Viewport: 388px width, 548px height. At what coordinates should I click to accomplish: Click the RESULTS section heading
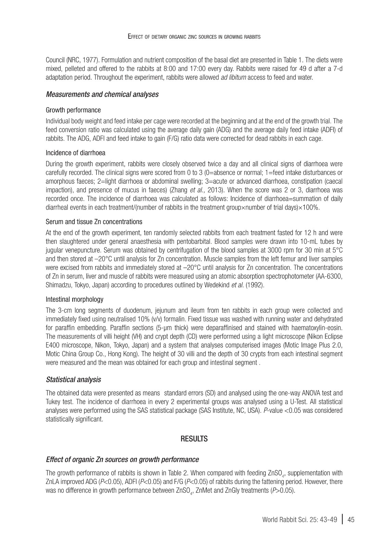click(194, 439)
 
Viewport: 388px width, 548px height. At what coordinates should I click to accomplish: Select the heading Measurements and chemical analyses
click(102, 94)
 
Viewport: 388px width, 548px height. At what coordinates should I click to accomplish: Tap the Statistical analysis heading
click(73, 379)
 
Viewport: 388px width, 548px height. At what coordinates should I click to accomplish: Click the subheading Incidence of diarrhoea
click(75, 153)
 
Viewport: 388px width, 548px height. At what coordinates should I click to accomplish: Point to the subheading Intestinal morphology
click(74, 299)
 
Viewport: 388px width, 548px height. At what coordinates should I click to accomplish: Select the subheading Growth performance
click(73, 110)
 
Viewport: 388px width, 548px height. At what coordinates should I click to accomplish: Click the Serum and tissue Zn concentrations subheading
click(94, 222)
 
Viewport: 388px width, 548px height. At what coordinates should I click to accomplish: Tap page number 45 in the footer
click(351, 520)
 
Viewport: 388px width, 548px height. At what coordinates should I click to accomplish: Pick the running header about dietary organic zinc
click(194, 36)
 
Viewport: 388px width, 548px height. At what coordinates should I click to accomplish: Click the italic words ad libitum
click(233, 77)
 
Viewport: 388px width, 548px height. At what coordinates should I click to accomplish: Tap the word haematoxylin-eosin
click(319, 328)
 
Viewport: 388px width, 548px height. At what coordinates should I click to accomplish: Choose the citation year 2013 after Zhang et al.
click(215, 190)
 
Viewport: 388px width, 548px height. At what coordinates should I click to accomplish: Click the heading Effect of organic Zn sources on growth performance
click(122, 459)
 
